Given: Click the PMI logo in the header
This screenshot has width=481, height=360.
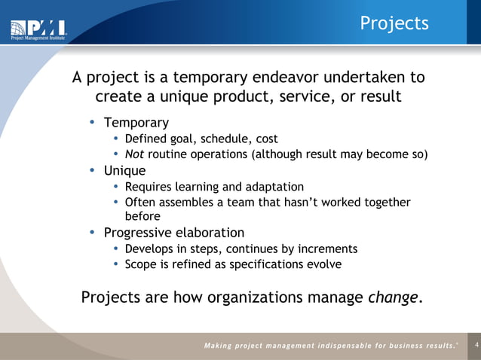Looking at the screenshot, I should [38, 29].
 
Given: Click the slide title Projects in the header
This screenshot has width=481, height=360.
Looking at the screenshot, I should [394, 23].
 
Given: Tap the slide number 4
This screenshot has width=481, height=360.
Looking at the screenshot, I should [474, 345].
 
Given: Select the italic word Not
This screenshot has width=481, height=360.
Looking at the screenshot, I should [134, 155].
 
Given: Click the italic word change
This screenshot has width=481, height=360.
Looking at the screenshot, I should [392, 297].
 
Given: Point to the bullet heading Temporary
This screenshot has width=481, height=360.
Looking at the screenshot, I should [136, 122].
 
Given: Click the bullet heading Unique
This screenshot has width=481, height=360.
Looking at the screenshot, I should [124, 170].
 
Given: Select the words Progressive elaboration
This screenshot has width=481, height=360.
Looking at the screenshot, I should [173, 232].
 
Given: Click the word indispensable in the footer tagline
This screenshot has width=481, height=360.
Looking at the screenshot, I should [345, 346].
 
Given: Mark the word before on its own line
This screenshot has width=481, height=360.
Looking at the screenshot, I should [143, 216].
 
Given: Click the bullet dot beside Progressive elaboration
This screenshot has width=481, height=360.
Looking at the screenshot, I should [92, 232].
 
